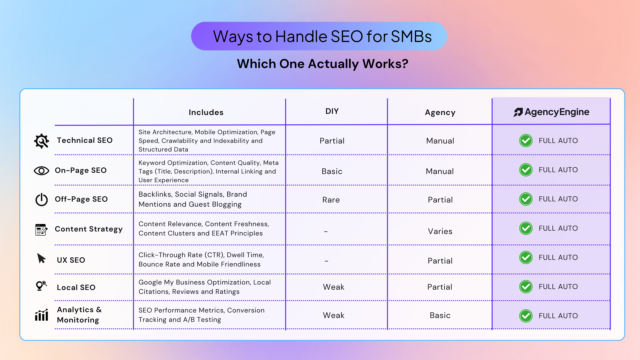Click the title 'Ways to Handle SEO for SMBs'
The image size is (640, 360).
click(x=322, y=36)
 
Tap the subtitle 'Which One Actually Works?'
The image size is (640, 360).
click(x=322, y=64)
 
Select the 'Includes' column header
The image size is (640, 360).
click(x=206, y=112)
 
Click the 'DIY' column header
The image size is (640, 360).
click(x=332, y=111)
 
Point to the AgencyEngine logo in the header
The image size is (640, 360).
click(x=551, y=112)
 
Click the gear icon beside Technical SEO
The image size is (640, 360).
click(x=42, y=141)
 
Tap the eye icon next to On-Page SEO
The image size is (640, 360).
click(x=41, y=171)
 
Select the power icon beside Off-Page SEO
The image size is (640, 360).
click(x=42, y=199)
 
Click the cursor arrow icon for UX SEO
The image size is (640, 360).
click(x=41, y=258)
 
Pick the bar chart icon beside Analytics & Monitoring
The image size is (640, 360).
click(x=42, y=315)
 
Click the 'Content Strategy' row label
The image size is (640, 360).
click(x=89, y=229)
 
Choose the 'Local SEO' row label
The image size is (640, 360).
click(x=76, y=287)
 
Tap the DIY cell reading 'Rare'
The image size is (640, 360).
click(x=331, y=200)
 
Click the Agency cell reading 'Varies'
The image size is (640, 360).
click(x=440, y=231)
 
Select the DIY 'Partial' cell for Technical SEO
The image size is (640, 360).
click(x=332, y=141)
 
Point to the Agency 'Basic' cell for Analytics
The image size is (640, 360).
click(x=440, y=315)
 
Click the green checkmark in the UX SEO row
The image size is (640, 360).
click(x=526, y=257)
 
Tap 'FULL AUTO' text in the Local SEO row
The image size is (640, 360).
click(x=558, y=287)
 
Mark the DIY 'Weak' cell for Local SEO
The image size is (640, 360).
click(x=334, y=287)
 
